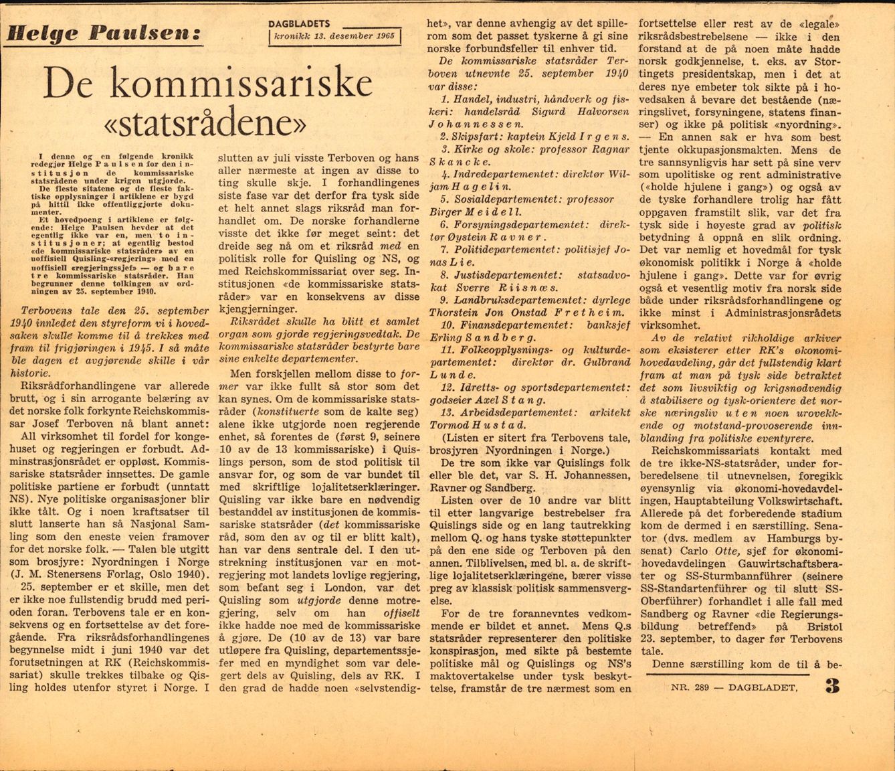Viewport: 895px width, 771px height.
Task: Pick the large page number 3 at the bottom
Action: click(831, 686)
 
